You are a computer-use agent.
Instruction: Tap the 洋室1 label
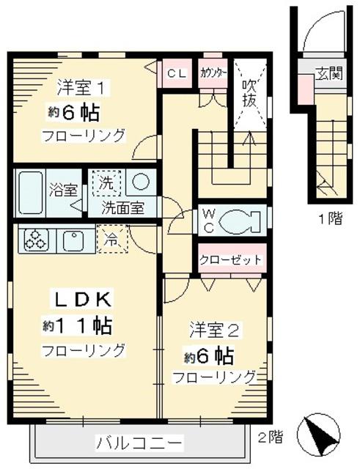click(84, 87)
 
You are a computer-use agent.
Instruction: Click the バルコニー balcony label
click(139, 443)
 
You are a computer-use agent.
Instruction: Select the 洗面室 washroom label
click(122, 207)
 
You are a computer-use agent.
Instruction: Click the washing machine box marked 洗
click(106, 184)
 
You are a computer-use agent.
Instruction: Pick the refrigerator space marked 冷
click(111, 239)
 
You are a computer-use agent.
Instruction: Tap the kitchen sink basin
click(74, 239)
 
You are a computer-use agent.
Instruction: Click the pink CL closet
click(176, 73)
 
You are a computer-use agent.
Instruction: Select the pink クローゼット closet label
click(231, 260)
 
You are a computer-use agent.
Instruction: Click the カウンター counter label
click(213, 73)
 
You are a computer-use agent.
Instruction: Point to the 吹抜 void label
click(249, 92)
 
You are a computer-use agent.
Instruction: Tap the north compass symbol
click(320, 435)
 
